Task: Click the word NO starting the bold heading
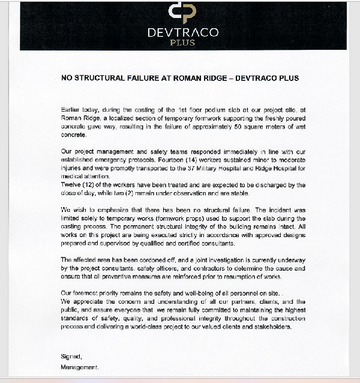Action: pos(67,78)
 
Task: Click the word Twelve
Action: pos(71,186)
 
